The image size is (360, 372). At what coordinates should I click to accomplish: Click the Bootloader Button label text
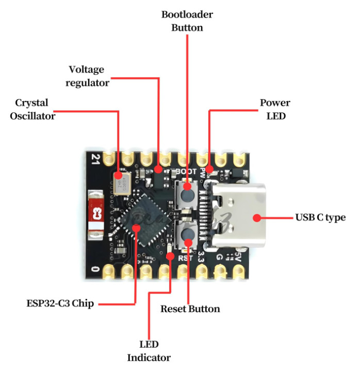(x=187, y=21)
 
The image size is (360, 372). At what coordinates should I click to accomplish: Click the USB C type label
(x=320, y=218)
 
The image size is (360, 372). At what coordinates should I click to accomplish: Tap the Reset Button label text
(x=190, y=309)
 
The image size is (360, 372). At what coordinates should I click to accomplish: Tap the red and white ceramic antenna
(x=95, y=215)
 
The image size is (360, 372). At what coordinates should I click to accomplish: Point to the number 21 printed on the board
(x=94, y=159)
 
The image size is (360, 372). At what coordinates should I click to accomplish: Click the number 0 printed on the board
(x=94, y=269)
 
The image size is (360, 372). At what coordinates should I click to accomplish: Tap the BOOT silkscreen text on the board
(x=186, y=171)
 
